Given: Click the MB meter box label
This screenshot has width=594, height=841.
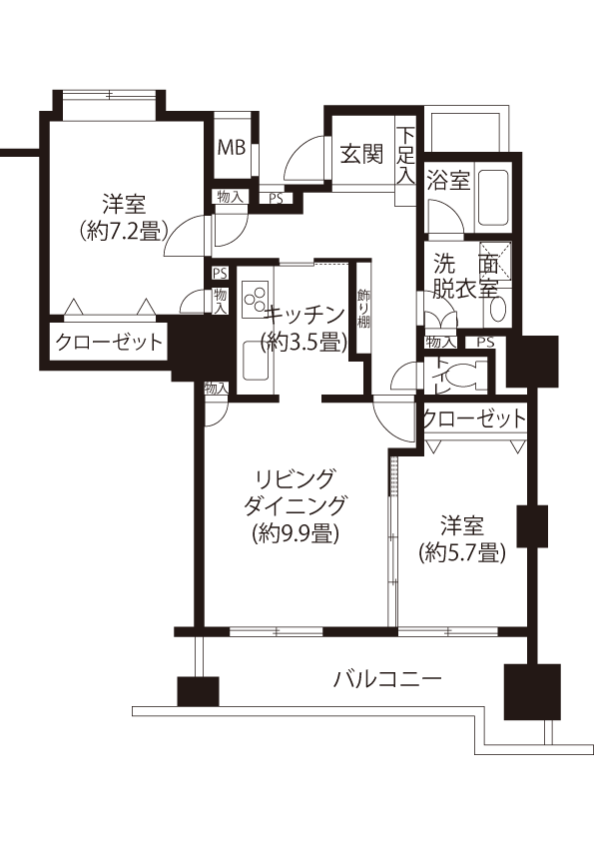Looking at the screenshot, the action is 232,147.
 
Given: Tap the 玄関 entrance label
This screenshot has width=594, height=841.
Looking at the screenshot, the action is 362,155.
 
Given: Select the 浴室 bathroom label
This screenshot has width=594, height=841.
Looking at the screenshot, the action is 448,180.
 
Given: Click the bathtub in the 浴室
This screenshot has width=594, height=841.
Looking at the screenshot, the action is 493,198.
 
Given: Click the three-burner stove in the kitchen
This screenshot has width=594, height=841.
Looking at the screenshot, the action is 255,300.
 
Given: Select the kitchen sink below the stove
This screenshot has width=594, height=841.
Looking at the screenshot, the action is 255,361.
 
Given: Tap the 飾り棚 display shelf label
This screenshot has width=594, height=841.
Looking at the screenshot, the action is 363,309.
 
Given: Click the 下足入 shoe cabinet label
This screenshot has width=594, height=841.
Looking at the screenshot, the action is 406,156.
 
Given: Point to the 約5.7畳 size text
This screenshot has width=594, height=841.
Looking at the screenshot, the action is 462,552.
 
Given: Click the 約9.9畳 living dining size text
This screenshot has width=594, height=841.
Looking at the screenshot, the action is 296,533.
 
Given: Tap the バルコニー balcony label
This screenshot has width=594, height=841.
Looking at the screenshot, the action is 388,679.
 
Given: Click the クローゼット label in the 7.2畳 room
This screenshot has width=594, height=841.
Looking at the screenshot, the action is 109,342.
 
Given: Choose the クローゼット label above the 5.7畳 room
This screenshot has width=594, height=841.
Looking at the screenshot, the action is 474,419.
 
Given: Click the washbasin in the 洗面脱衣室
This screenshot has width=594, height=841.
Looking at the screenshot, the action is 497,310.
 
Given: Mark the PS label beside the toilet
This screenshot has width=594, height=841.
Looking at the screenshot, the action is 486,342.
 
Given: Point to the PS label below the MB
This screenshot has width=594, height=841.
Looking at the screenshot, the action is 277,199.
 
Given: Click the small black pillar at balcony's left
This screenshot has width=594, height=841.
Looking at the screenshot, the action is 198,691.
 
